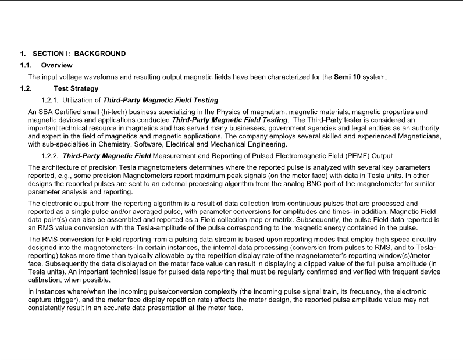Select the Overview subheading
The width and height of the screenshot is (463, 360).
coord(56,65)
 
